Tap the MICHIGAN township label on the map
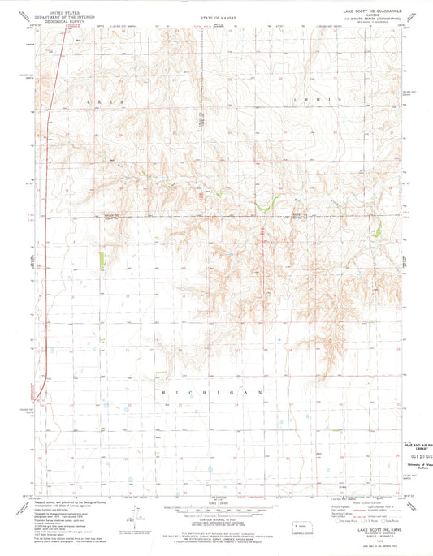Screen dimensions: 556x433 click(215, 392)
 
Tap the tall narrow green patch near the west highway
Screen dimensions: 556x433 click(102, 260)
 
